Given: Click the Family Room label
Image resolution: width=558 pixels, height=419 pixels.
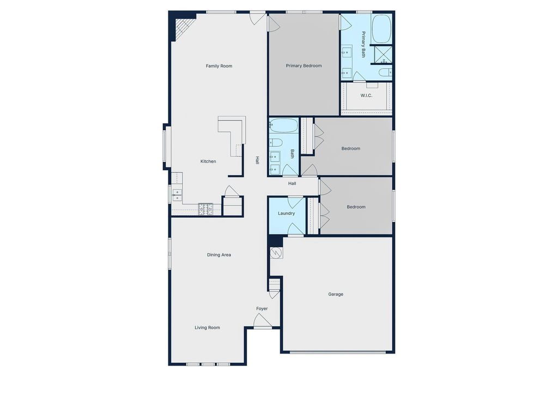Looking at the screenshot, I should (x=219, y=66).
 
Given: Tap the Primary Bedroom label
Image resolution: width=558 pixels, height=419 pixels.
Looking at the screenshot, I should (x=304, y=66).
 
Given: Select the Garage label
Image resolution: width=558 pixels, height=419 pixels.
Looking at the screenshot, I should (x=336, y=294).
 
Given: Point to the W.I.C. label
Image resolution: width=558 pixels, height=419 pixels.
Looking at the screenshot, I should (x=366, y=95).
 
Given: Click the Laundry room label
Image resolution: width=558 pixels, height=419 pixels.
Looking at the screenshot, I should (x=286, y=213).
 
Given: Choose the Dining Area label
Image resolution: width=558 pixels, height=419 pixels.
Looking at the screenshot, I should (x=219, y=255).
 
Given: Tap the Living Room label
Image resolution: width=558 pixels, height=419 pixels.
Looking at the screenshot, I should (x=208, y=327).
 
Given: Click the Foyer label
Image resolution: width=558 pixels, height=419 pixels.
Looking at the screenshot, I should (x=262, y=309).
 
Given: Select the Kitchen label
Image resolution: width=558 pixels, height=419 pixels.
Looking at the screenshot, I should (x=208, y=161).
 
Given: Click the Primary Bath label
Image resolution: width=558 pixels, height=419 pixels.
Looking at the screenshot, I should (x=363, y=45).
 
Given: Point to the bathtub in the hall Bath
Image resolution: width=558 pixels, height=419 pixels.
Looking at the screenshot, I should (x=283, y=126).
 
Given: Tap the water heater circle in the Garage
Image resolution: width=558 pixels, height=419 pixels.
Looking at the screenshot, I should (x=276, y=253).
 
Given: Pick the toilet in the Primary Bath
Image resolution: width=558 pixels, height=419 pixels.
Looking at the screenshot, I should (x=385, y=73).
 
